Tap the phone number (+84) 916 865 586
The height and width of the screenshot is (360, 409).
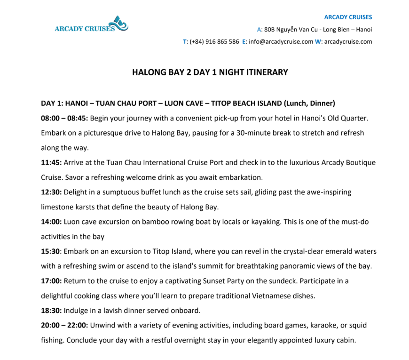[214, 41]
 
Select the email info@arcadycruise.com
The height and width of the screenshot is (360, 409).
[281, 41]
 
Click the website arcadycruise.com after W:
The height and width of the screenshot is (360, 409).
[348, 41]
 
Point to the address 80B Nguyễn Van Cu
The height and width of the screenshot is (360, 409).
[291, 29]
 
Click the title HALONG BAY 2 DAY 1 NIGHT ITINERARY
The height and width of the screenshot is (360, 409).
[210, 72]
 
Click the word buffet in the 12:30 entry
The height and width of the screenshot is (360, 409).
[149, 192]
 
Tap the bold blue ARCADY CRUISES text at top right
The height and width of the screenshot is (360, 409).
[348, 17]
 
